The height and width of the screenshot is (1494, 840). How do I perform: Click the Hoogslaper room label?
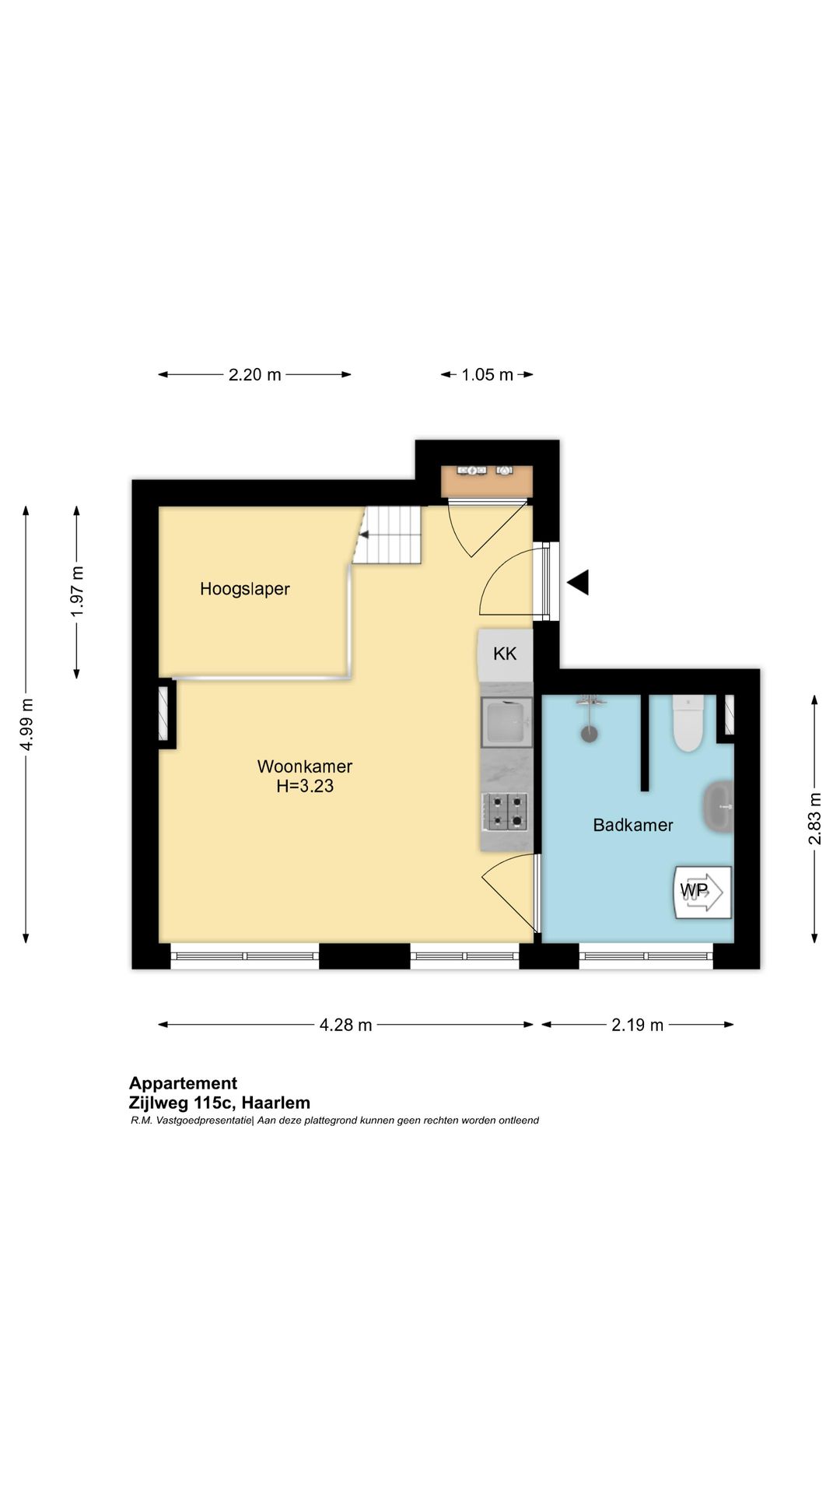pos(244,589)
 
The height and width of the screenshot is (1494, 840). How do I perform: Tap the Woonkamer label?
pos(305,766)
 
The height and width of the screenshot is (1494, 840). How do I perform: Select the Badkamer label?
pos(633,825)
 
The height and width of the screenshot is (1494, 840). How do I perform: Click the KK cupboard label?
pos(505,654)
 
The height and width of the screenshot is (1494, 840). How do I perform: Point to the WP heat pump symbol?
pos(702,892)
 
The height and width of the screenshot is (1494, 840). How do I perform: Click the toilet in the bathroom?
pos(688,723)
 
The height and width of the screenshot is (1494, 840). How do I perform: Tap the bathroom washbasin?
pos(719,807)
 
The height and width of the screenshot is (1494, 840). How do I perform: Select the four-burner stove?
pos(506,811)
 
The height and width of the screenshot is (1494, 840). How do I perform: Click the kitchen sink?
pos(506,722)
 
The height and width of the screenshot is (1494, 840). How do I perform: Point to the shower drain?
pos(590,733)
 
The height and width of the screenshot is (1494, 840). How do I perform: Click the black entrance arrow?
pos(578,582)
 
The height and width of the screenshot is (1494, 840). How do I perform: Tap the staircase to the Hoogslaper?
pos(388,535)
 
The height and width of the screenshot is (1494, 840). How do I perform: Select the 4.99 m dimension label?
pos(26,724)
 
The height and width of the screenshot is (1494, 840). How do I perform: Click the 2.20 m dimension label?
pos(254,374)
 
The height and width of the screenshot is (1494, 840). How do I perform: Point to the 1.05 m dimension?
pos(487,374)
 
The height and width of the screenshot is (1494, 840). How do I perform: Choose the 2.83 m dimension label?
pos(814,819)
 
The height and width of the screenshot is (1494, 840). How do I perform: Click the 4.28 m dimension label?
pos(345,1025)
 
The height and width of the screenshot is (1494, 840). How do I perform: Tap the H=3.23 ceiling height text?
pos(305,786)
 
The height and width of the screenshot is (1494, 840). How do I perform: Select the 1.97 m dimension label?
pos(77,591)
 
